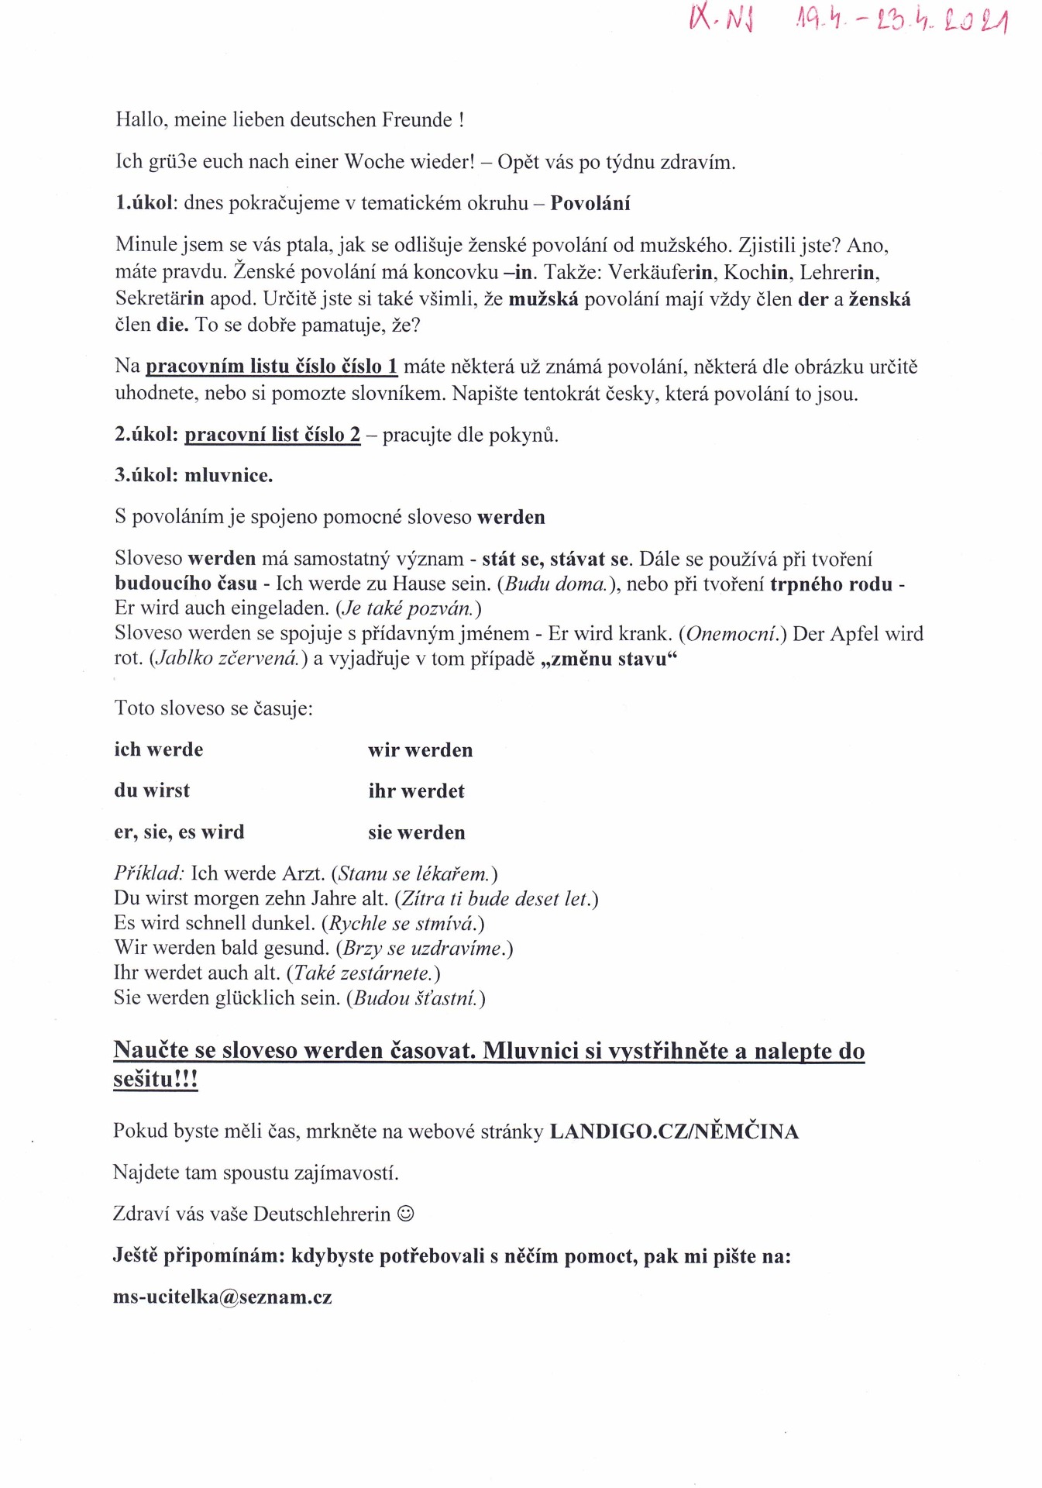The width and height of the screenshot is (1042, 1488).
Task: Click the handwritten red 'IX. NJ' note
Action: click(x=720, y=17)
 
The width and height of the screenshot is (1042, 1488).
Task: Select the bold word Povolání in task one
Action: click(x=590, y=203)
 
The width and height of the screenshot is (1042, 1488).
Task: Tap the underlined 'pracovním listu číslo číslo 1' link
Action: click(x=271, y=367)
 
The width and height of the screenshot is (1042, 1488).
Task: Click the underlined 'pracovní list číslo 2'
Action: click(x=272, y=435)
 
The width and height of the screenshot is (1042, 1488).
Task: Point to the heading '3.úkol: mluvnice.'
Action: click(x=194, y=475)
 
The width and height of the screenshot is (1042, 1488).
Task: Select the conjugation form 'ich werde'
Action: click(x=159, y=749)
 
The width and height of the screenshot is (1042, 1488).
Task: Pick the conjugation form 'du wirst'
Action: click(x=152, y=790)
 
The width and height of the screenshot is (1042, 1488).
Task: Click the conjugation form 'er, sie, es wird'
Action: click(x=179, y=832)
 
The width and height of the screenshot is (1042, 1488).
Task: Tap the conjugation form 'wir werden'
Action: click(x=420, y=750)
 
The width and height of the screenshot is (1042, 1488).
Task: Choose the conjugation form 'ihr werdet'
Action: click(x=416, y=791)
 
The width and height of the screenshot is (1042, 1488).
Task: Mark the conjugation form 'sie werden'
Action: click(x=417, y=832)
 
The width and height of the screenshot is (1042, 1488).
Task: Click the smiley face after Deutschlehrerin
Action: click(x=405, y=1214)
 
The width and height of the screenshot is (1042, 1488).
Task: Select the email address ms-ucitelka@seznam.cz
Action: click(x=222, y=1297)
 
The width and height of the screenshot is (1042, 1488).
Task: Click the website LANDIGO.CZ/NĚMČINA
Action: click(x=674, y=1131)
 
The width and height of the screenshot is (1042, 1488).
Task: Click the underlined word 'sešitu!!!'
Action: click(x=156, y=1079)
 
